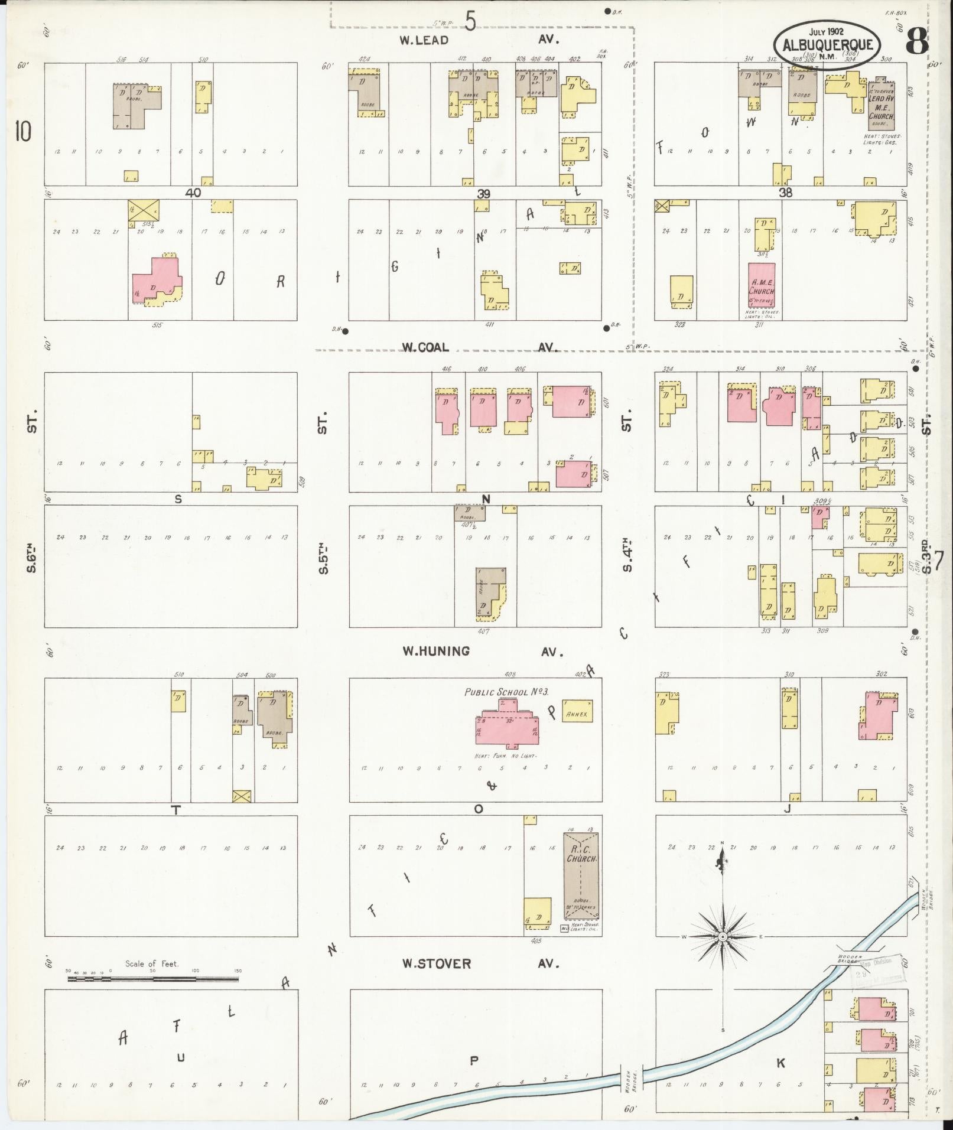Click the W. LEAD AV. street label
(479, 40)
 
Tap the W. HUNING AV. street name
(482, 652)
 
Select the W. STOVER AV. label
(479, 963)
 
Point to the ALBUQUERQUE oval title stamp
(827, 45)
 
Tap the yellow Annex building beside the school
(577, 713)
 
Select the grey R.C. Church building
(580, 883)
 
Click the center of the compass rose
(722, 937)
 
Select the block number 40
(193, 193)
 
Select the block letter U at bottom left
(181, 1058)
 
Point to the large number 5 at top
(470, 22)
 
